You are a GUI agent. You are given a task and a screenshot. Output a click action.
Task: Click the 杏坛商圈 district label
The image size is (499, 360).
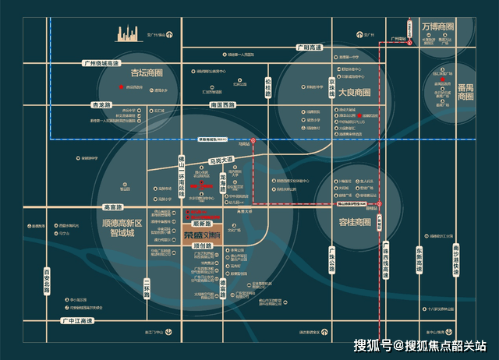pyautogui.click(x=147, y=73)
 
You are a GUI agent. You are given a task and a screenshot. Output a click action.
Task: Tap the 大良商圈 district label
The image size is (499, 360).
pyautogui.click(x=356, y=92)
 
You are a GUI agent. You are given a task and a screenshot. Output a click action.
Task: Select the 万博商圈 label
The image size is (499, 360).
pyautogui.click(x=438, y=26)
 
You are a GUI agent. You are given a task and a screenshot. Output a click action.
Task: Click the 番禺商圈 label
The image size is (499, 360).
pyautogui.click(x=465, y=92)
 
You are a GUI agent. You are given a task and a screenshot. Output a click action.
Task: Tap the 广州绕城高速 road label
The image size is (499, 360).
pyautogui.click(x=102, y=62)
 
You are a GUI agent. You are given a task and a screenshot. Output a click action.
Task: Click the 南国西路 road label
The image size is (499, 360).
pyautogui.click(x=223, y=104)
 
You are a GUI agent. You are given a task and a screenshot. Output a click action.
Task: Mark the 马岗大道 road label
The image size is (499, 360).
pyautogui.click(x=221, y=161)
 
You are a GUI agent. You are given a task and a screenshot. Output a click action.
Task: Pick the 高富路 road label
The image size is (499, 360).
pyautogui.click(x=114, y=207)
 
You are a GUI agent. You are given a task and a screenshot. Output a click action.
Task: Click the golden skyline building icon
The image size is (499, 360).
pyautogui.click(x=128, y=33)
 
